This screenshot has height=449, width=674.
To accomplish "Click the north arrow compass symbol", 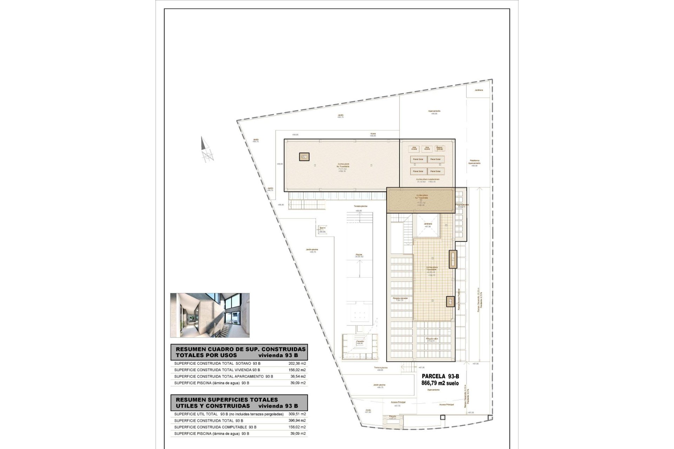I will click(x=207, y=150).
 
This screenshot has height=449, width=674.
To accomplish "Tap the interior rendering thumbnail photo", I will click(x=210, y=315).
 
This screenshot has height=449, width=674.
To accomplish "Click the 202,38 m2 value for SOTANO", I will click(x=295, y=363).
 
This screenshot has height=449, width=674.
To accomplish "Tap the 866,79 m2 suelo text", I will click(x=440, y=383).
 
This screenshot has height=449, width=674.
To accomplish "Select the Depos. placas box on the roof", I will click(x=439, y=149).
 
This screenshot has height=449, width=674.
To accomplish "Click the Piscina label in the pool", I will click(x=358, y=255).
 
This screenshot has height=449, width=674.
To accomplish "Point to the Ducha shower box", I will click(x=322, y=229).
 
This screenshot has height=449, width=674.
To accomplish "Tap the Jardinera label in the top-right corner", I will click(x=478, y=90).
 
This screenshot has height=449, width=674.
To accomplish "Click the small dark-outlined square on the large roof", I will click(x=304, y=157).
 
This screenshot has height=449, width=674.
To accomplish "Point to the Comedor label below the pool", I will click(x=359, y=342).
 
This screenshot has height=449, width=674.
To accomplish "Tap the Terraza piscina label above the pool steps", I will click(x=360, y=206).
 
